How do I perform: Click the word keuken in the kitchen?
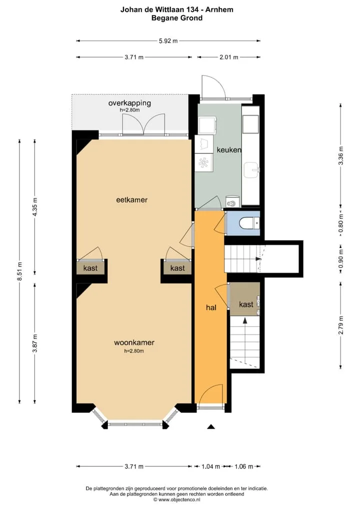229,149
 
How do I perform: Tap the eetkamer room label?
132,200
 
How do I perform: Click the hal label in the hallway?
211,307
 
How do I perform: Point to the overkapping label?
129,103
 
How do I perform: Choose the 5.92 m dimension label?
168,41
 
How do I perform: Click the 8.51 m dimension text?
19,271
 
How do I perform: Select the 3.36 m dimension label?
341,156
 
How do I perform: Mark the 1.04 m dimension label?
210,466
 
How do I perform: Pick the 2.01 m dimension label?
229,57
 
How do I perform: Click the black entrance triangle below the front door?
211,426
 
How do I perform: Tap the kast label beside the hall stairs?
245,304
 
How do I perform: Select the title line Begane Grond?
177,18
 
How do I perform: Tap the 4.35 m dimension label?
35,207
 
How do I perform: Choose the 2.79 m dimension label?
341,325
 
